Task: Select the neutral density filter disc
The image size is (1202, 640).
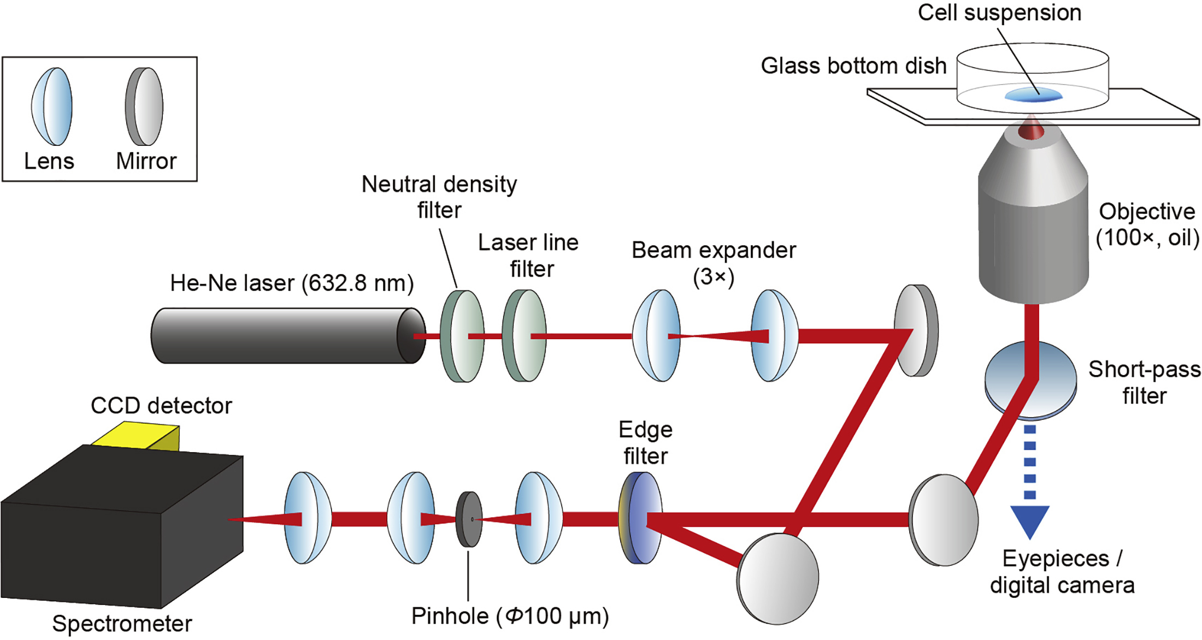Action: tap(462, 336)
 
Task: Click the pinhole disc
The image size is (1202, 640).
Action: tap(469, 519)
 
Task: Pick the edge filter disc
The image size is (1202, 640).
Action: tap(640, 518)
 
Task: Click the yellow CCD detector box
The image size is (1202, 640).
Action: tap(137, 436)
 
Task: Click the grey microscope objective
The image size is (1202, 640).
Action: tap(1033, 218)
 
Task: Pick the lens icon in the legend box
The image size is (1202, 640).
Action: tap(52, 106)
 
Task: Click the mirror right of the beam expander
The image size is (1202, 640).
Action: tap(916, 330)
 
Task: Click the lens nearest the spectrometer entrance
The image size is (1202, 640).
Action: tap(308, 518)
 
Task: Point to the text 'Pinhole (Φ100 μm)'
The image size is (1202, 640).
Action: tap(510, 616)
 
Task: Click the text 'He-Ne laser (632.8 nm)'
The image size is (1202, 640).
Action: tap(292, 283)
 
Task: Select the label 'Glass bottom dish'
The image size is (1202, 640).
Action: tap(853, 66)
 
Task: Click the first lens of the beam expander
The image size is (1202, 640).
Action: tap(656, 335)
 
